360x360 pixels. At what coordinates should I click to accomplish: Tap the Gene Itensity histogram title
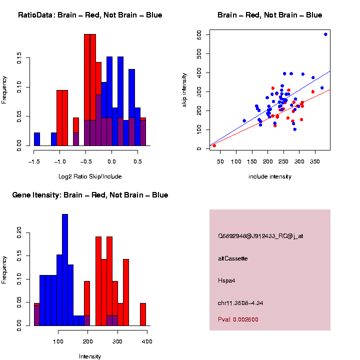click(90, 195)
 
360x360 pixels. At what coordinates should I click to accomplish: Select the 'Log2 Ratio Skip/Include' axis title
click(90, 176)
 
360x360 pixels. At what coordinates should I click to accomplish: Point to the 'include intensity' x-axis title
click(270, 176)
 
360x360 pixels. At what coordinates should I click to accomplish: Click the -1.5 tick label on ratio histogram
click(34, 162)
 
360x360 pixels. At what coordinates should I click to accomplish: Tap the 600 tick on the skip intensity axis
click(199, 34)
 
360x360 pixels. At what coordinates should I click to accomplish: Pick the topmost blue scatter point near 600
click(325, 34)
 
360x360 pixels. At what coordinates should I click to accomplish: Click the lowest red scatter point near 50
click(214, 145)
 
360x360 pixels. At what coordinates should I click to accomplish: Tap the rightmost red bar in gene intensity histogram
click(143, 314)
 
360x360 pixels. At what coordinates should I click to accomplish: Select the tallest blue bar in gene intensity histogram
click(64, 270)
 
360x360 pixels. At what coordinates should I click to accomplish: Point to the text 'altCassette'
click(233, 258)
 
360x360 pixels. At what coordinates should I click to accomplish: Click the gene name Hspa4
click(226, 280)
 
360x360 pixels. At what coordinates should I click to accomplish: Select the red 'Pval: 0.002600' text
click(238, 319)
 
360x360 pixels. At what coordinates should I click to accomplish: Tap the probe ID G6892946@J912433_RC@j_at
click(260, 236)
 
